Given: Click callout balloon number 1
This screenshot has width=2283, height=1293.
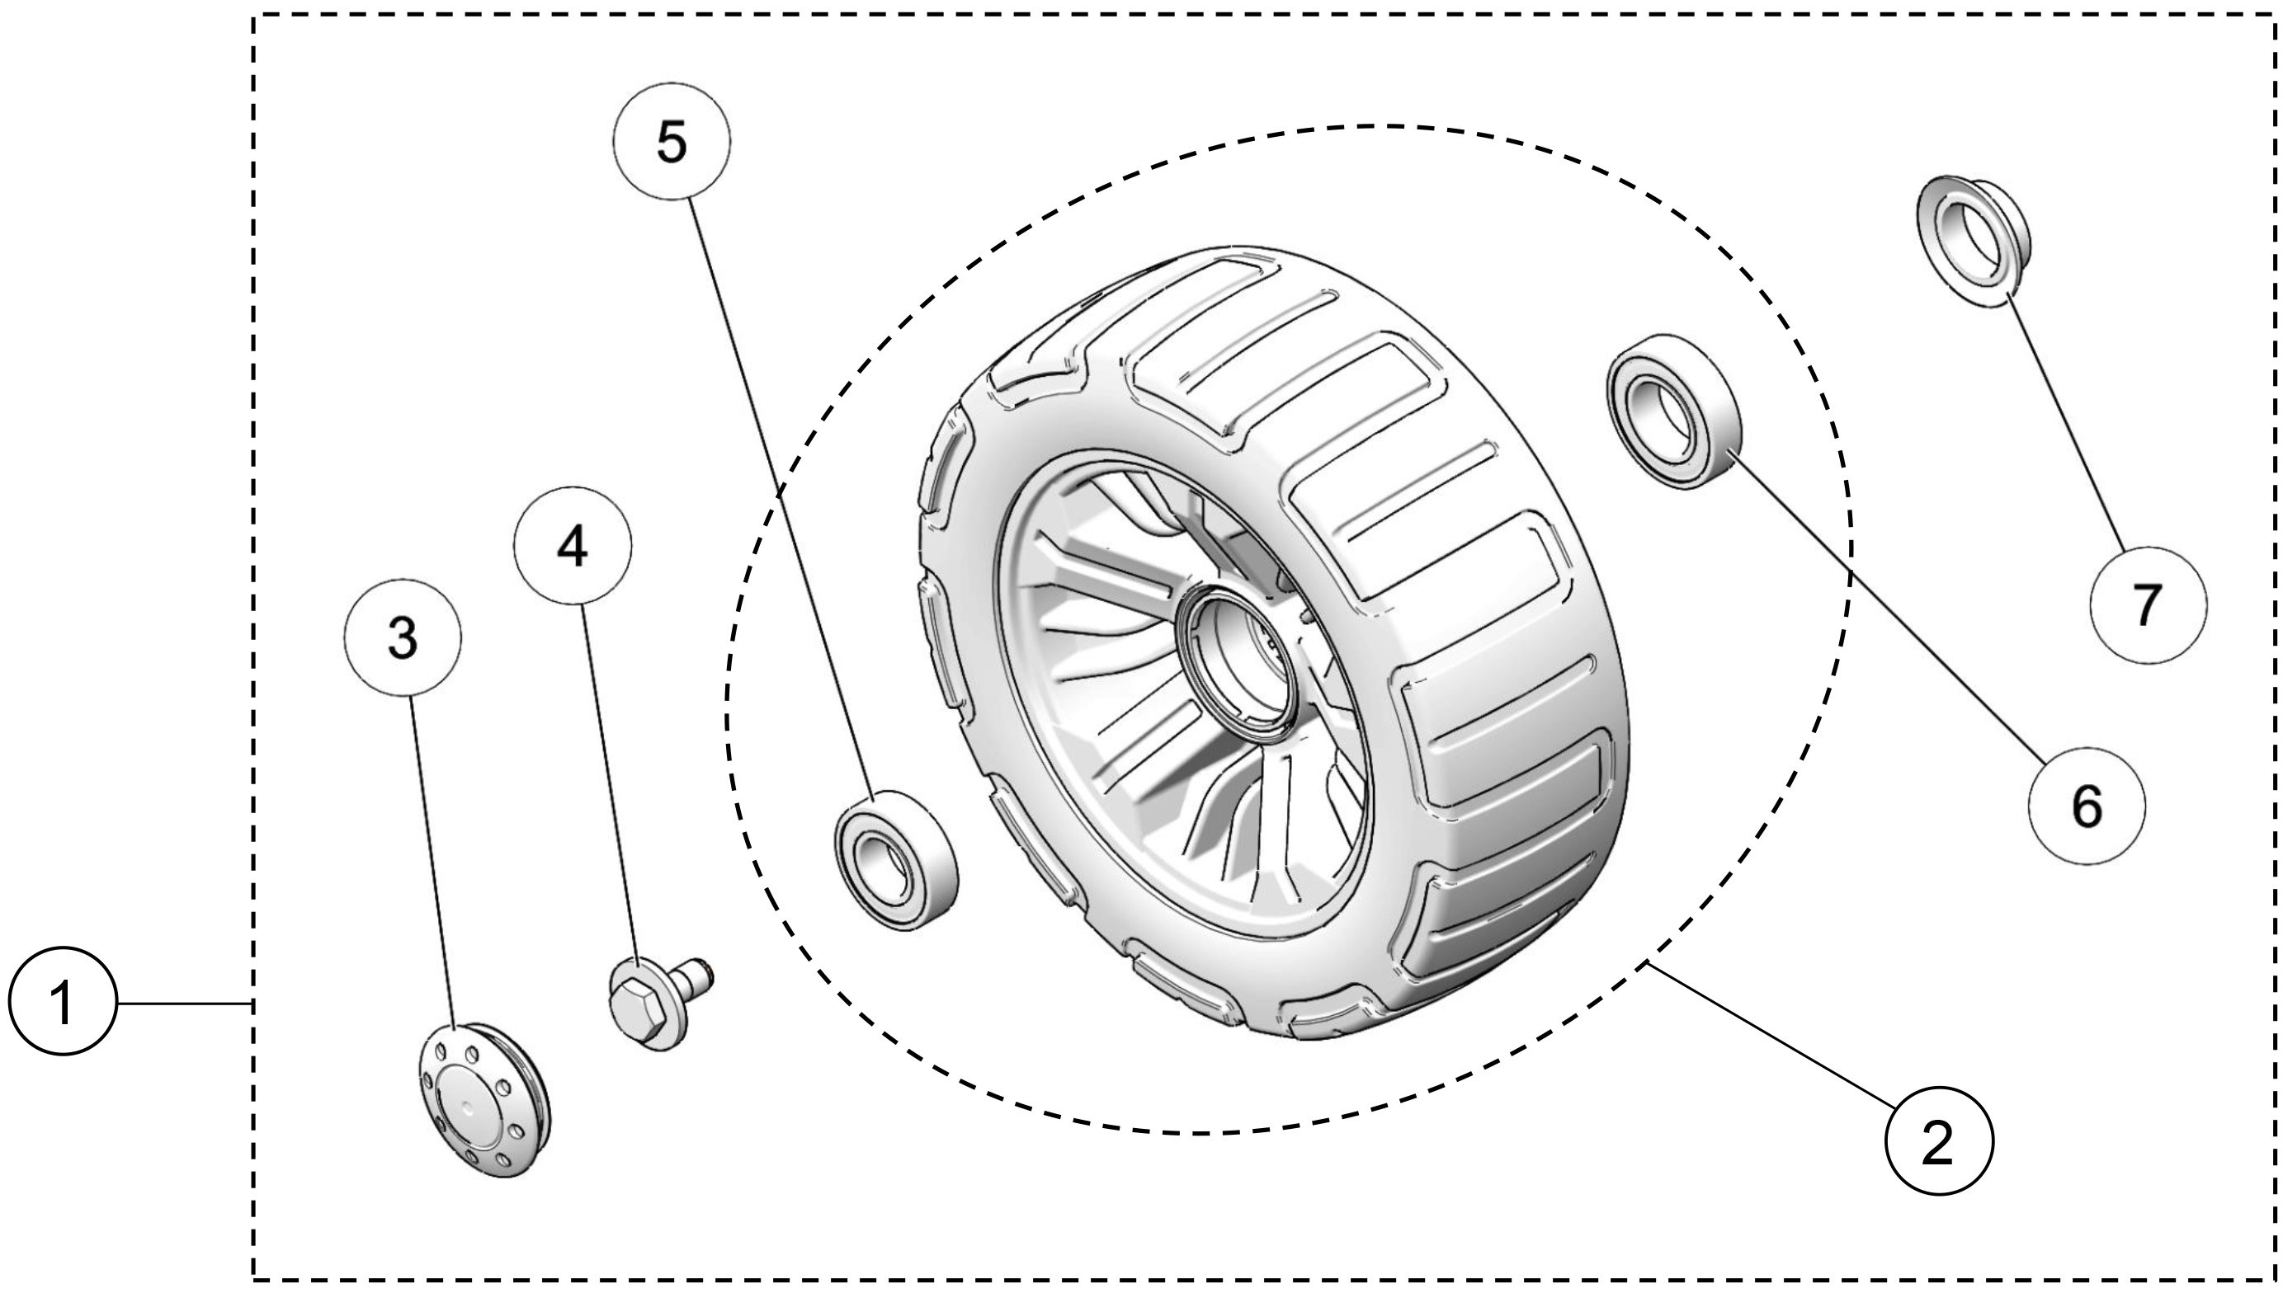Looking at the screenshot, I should (x=62, y=1003).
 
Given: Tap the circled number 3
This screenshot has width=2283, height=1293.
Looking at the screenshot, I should (x=403, y=637).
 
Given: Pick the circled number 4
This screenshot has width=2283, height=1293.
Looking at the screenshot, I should (x=573, y=545).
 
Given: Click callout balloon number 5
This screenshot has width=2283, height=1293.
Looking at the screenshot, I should (x=672, y=141).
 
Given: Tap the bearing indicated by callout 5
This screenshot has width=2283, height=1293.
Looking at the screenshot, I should (x=895, y=859).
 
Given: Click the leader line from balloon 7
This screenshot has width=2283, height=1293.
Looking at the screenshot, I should (x=2066, y=426).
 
